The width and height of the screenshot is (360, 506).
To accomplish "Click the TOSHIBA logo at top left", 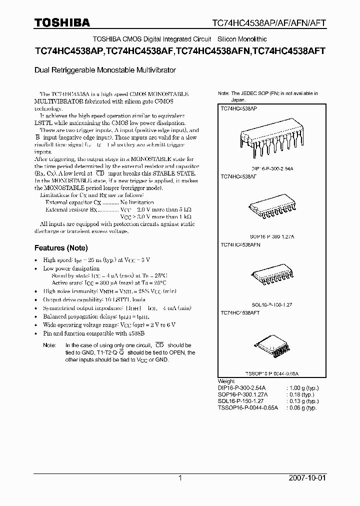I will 62,22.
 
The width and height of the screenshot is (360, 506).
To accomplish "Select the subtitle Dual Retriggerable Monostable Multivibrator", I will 105,71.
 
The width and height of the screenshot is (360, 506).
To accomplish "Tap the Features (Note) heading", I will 61,248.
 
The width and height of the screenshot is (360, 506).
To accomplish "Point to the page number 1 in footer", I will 180,478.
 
